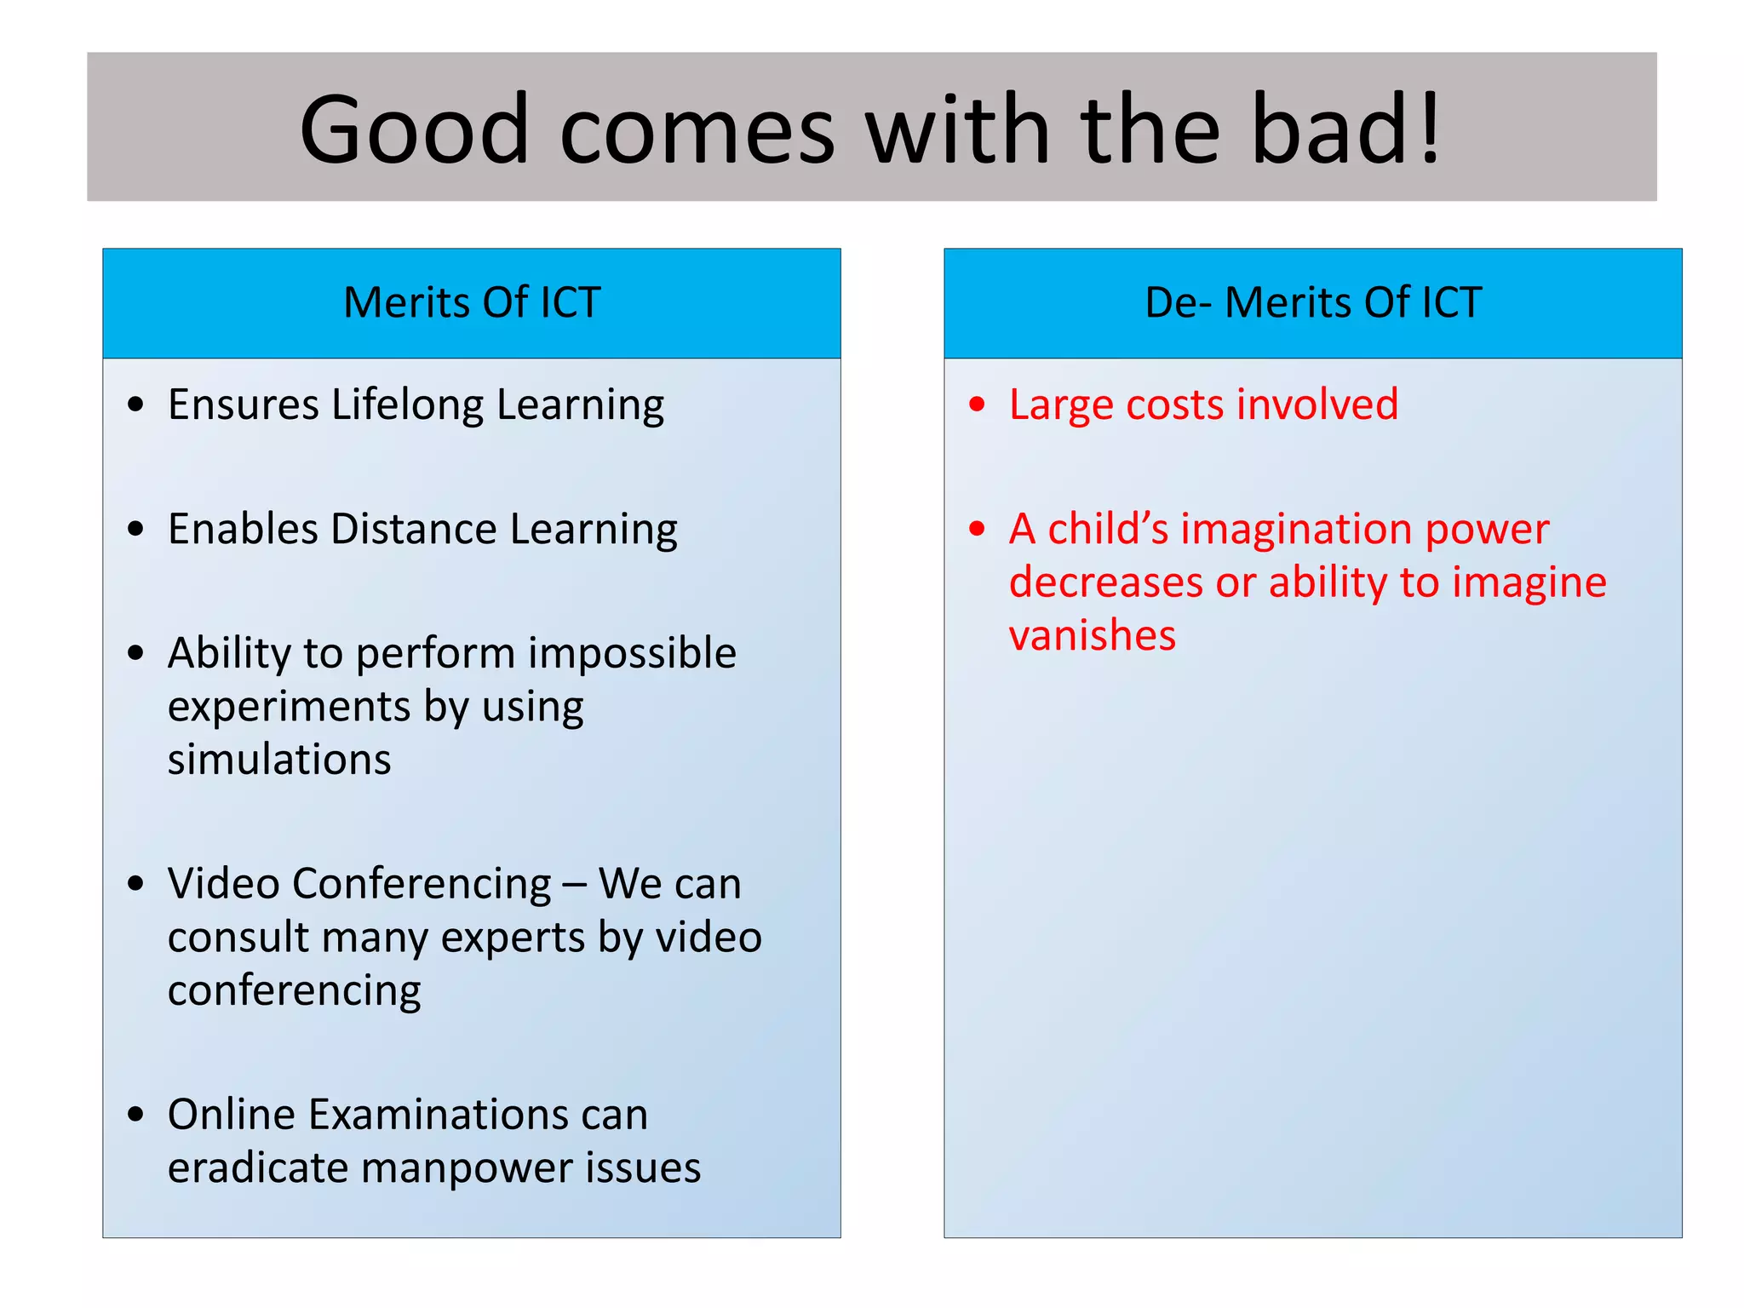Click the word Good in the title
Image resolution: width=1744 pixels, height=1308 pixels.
415,130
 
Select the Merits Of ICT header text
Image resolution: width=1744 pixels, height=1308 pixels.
472,302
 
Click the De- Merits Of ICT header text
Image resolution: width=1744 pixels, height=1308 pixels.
1313,302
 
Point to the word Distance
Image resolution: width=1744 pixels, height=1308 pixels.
413,529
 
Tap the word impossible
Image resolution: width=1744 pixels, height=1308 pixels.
631,654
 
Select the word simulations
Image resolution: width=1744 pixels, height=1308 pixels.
279,760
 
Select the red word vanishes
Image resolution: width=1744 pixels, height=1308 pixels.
1092,636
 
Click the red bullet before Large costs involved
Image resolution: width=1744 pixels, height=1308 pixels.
977,404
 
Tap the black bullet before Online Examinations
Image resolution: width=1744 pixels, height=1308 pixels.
135,1115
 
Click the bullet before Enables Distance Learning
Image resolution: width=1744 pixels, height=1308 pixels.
135,529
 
